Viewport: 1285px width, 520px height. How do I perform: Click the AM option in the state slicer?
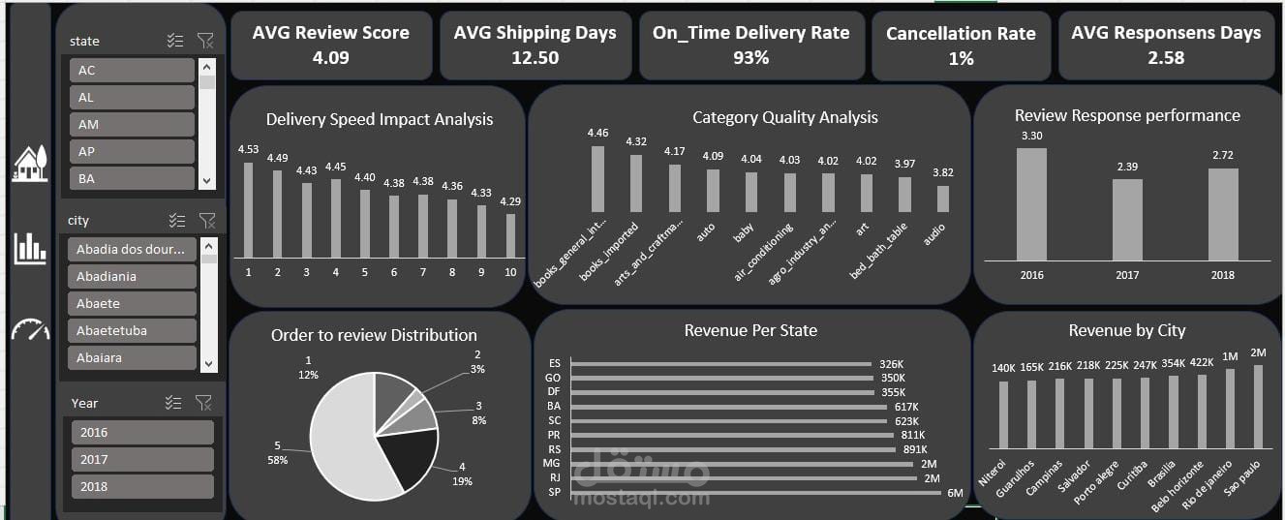click(132, 124)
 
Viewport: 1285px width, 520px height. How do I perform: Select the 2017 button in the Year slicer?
click(141, 459)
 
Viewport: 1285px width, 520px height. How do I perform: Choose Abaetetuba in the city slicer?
click(132, 330)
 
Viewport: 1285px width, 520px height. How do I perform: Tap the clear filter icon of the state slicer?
click(205, 41)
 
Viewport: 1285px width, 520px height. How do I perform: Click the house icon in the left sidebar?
click(30, 164)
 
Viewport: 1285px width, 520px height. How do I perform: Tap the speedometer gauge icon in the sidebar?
click(30, 330)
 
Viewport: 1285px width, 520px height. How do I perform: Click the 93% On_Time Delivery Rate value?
click(750, 58)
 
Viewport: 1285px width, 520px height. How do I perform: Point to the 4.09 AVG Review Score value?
click(330, 58)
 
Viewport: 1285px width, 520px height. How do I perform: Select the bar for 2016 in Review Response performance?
click(1031, 203)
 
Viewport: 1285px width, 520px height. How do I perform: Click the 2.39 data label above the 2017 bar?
click(1127, 168)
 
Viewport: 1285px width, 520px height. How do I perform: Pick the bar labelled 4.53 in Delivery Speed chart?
click(248, 209)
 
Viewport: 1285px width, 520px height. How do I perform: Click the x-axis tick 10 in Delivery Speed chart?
click(510, 273)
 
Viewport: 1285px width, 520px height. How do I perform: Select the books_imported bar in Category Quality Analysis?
click(636, 183)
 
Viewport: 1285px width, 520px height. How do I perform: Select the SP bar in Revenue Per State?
click(755, 493)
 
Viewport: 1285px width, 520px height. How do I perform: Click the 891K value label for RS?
click(915, 449)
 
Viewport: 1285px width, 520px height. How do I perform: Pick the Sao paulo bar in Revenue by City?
click(1258, 407)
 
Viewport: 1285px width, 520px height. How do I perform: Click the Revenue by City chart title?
click(1126, 331)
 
